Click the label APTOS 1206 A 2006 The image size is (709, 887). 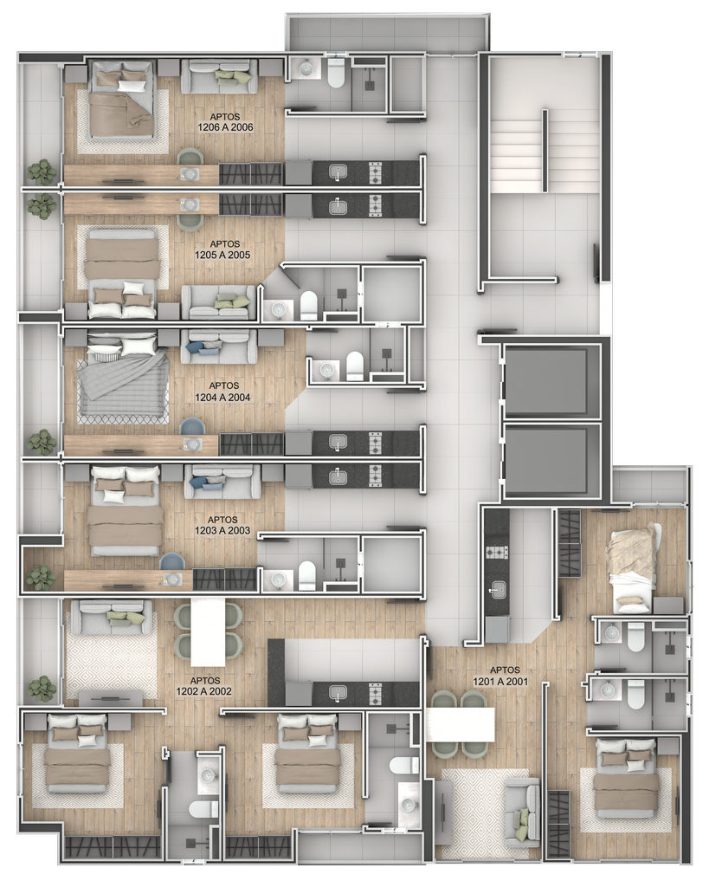225,122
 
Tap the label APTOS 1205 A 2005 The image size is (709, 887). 222,249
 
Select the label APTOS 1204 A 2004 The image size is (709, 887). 222,392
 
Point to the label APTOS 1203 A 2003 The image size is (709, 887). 222,525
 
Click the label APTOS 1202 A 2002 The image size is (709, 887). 204,686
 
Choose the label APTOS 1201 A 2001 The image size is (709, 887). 500,676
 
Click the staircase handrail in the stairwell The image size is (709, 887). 545,150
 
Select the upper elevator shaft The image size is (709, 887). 545,384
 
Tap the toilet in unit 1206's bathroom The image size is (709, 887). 336,73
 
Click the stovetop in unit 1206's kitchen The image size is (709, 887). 376,173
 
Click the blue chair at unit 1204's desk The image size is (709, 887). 192,428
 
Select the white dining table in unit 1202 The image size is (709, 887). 208,631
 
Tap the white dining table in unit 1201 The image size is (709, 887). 461,725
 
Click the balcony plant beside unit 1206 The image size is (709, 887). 42,172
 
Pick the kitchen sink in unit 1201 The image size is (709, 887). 498,589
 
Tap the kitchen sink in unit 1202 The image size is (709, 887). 338,693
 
